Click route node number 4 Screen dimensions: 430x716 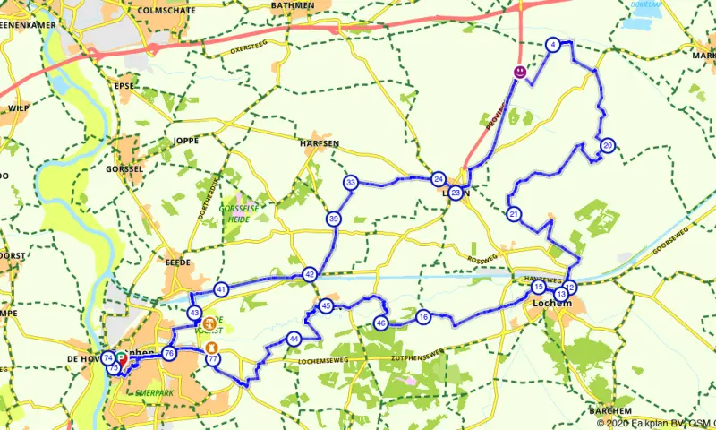553,45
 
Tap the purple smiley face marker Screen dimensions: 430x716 519,71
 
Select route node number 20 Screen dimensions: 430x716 608,145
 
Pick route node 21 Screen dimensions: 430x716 514,214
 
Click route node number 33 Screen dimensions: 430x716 351,183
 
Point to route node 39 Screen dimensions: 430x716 334,219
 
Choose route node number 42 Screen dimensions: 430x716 310,274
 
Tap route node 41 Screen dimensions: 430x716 221,288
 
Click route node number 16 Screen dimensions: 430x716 423,316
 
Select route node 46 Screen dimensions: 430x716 380,322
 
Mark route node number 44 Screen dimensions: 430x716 294,339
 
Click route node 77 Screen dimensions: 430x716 213,359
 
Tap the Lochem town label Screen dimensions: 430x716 547,304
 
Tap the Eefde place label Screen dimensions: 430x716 178,262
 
